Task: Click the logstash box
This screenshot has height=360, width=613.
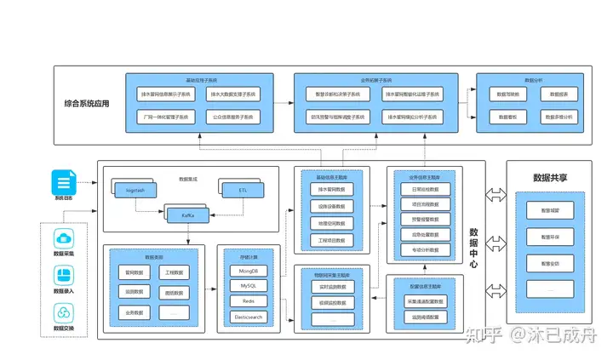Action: [135, 191]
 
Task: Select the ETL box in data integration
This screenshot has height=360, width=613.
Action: [242, 191]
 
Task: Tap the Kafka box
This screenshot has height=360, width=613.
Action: [189, 216]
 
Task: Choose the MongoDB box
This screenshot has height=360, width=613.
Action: [248, 271]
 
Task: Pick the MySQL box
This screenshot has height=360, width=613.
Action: [248, 286]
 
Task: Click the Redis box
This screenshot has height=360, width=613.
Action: [248, 301]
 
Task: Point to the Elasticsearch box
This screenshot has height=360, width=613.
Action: [248, 317]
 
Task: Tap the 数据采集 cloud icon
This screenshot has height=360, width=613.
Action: [65, 239]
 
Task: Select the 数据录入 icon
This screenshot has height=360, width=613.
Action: [65, 276]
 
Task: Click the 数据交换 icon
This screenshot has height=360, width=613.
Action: [65, 312]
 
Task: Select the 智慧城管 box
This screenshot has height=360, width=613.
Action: [550, 209]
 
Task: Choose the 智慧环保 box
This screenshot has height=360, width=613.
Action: [550, 236]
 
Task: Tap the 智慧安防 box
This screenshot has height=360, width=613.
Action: [550, 264]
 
